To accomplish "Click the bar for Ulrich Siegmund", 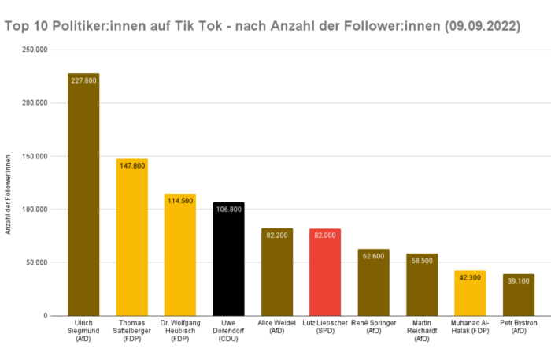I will click(83, 197).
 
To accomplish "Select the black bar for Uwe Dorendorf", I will click(228, 260).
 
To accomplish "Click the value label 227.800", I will click(83, 80).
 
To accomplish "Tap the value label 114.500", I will click(180, 200).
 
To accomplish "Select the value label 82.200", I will click(277, 235).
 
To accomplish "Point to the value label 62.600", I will click(374, 255).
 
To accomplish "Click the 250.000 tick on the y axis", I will click(35, 50).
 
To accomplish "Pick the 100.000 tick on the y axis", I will click(35, 210).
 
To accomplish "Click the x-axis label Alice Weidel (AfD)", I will click(277, 327).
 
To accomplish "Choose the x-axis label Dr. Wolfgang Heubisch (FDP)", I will click(180, 331).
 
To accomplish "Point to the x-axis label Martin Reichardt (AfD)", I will click(422, 331).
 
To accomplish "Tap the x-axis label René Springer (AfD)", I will click(374, 327).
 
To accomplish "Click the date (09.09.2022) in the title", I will click(482, 26).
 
